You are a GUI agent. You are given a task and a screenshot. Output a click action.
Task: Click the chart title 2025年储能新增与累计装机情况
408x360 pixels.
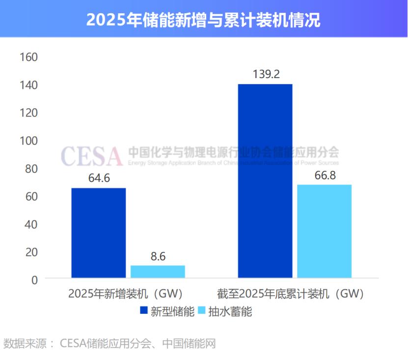pos(203,20)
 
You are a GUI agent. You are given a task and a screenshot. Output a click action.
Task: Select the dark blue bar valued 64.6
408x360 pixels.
pos(98,233)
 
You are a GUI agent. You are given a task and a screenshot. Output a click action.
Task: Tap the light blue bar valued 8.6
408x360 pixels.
pos(158,272)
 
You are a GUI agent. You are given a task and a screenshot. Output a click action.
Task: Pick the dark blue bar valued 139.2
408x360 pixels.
pos(265,181)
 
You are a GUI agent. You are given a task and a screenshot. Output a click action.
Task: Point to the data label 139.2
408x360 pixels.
pos(266,74)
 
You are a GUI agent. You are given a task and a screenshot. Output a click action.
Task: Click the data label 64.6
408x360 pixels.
pos(99,178)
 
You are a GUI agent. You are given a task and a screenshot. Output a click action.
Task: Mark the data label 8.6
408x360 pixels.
pos(158,256)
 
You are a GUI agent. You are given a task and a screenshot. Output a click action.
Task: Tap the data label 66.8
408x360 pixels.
pos(325,175)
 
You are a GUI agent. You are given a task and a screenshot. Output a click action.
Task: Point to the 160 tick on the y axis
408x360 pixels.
pos(28,57)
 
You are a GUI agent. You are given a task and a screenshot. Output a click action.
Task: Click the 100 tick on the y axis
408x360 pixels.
pos(28,140)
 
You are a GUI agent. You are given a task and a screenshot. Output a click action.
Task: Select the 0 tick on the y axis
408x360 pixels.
pos(34,280)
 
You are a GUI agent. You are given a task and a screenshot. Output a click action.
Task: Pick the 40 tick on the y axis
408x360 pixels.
pos(30,224)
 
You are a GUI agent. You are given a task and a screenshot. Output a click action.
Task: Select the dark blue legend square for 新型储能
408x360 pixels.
pos(143,310)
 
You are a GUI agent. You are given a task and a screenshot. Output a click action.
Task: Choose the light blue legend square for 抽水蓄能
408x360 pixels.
pos(201,310)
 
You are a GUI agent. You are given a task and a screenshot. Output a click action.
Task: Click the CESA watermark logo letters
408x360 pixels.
pos(91,156)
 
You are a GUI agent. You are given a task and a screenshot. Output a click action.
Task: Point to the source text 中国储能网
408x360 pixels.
pos(189,343)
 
